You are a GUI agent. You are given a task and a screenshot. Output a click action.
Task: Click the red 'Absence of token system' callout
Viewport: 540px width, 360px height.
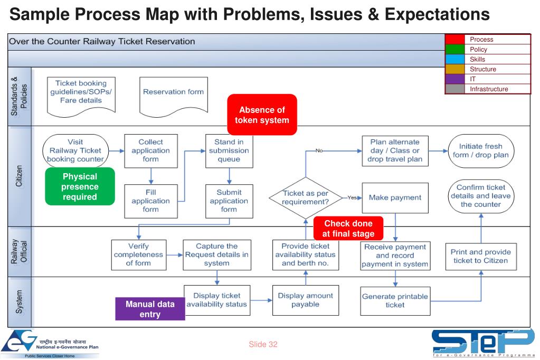click(x=262, y=115)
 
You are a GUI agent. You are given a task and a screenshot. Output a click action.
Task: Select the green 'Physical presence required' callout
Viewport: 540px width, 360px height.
click(x=80, y=186)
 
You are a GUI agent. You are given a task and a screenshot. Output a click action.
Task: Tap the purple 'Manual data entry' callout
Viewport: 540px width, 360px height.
click(x=150, y=309)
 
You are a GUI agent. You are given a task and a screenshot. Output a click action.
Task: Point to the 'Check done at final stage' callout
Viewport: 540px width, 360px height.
click(x=348, y=228)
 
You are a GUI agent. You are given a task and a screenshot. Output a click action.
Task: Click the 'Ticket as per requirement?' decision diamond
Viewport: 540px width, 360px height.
click(x=305, y=197)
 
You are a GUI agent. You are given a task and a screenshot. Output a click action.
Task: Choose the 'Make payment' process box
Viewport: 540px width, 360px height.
click(x=395, y=197)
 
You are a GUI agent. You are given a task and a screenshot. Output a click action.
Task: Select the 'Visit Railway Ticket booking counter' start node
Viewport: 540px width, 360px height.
click(x=75, y=150)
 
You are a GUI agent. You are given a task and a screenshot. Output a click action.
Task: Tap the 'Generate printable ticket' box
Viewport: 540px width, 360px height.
click(x=395, y=300)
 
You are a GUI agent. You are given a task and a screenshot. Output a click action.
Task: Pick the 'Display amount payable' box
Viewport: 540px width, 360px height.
click(x=305, y=300)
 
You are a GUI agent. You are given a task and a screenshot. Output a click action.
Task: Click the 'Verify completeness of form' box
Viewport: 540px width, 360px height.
click(x=138, y=254)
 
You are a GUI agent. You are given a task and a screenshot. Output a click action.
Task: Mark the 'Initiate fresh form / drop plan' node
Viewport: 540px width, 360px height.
click(x=480, y=150)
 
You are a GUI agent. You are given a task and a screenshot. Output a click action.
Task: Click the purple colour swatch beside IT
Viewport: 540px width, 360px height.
click(x=454, y=79)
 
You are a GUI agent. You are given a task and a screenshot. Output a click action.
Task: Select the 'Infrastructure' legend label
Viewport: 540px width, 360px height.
click(x=489, y=89)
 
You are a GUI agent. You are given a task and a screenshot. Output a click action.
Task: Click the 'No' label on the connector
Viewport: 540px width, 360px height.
click(x=319, y=150)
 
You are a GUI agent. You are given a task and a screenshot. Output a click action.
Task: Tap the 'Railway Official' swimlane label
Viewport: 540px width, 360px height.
click(x=20, y=251)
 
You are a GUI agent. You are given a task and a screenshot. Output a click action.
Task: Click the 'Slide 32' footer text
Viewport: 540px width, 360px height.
click(x=263, y=345)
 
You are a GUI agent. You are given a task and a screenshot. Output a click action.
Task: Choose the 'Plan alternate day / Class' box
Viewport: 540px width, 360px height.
click(x=395, y=150)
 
